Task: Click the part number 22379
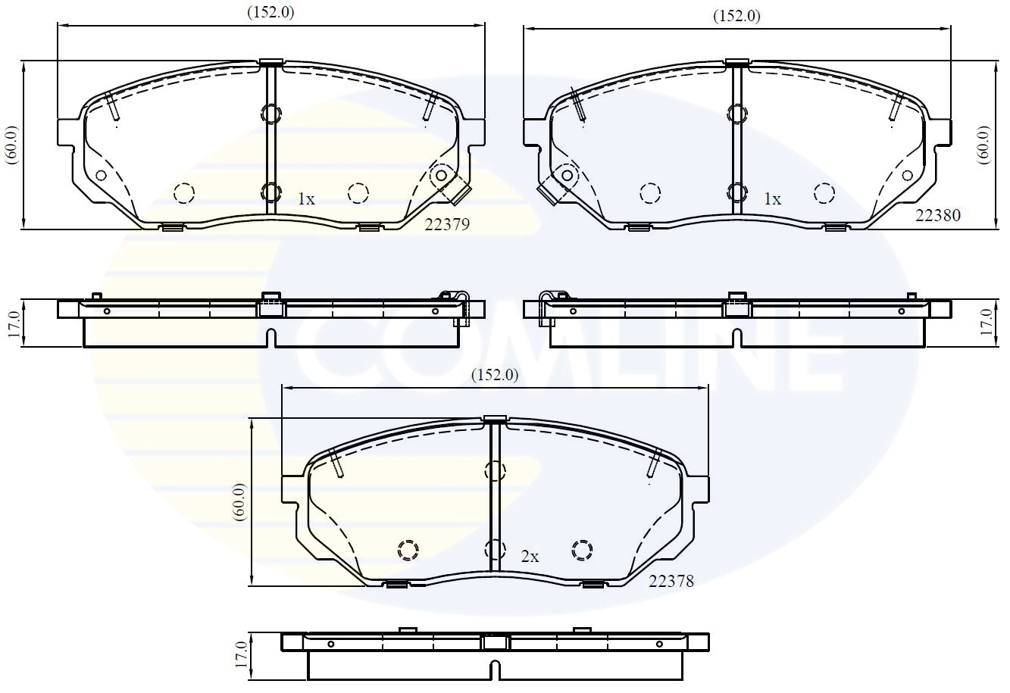(447, 224)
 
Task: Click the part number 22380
(937, 215)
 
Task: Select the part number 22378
(671, 581)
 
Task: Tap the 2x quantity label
(530, 557)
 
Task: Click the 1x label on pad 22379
(305, 199)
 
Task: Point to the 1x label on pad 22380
(771, 199)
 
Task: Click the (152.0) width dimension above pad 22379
(270, 12)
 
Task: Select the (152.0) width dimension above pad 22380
(736, 16)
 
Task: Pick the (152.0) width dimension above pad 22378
(495, 374)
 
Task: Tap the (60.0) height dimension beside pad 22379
(11, 144)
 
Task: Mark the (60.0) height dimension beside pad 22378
(239, 501)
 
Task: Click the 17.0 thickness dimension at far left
(11, 323)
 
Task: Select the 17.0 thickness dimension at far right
(986, 323)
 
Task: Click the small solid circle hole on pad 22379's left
(100, 175)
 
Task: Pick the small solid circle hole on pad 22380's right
(906, 175)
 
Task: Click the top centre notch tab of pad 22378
(494, 420)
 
